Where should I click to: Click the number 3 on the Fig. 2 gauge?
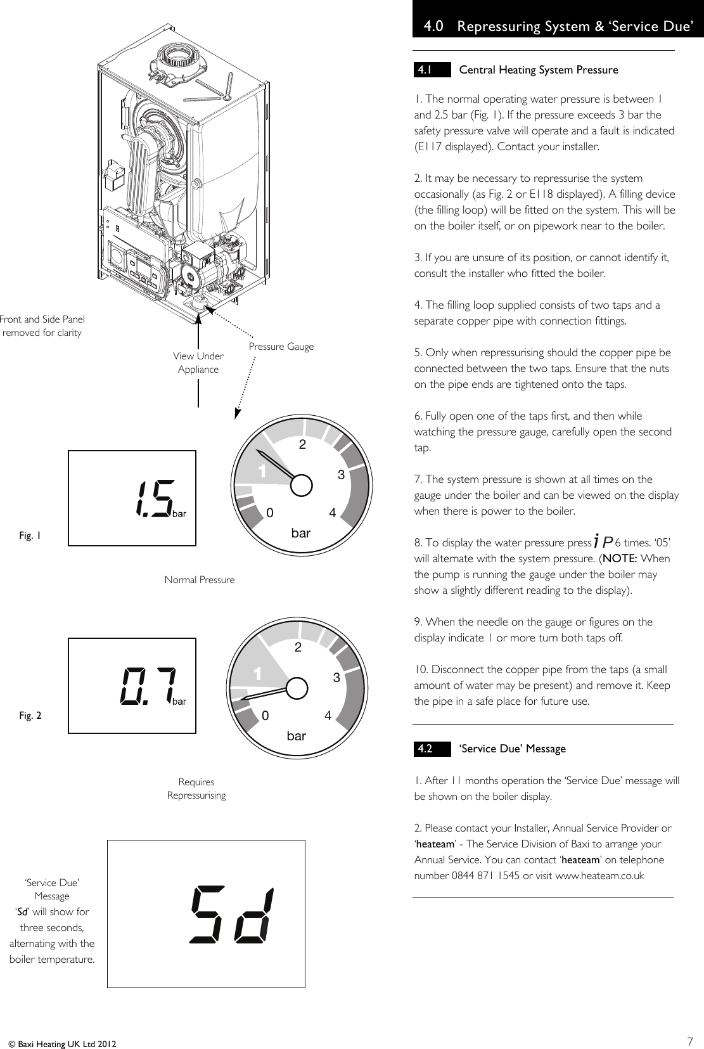pyautogui.click(x=336, y=678)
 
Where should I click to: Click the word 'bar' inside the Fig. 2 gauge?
pyautogui.click(x=296, y=736)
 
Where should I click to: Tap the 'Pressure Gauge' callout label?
pyautogui.click(x=281, y=347)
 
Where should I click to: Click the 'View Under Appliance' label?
pyautogui.click(x=198, y=363)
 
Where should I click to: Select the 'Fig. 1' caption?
pyautogui.click(x=30, y=536)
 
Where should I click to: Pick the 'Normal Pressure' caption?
pyautogui.click(x=200, y=579)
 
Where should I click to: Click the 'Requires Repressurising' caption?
pyautogui.click(x=196, y=788)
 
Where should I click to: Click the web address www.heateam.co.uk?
pyautogui.click(x=599, y=876)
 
